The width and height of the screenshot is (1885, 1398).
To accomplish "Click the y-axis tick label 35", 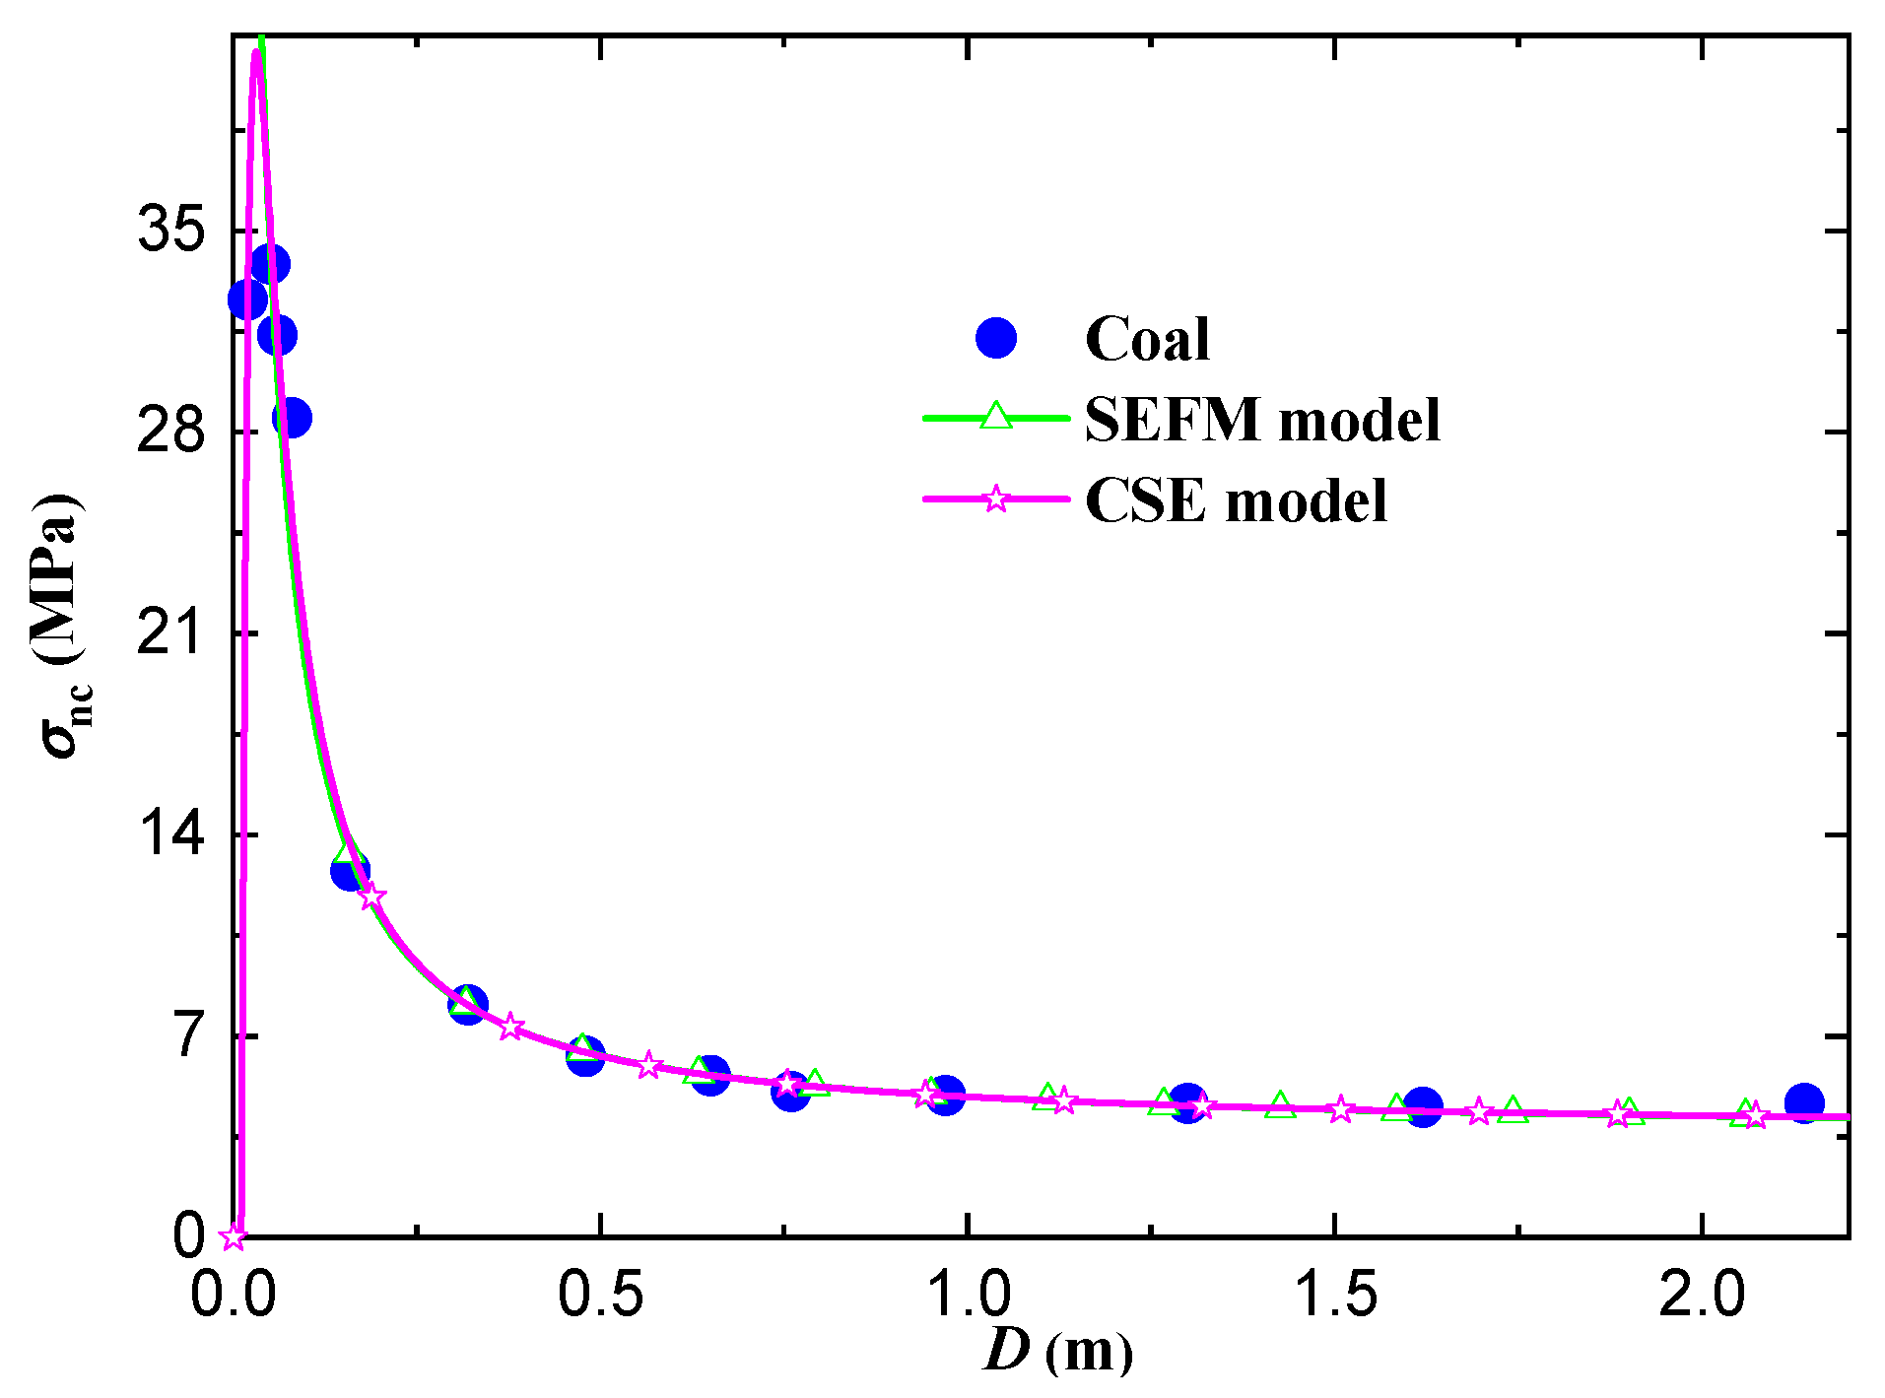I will (x=170, y=231).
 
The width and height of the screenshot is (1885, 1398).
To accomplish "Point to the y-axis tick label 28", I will (x=170, y=432).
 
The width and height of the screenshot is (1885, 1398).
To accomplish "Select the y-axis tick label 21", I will (x=170, y=632).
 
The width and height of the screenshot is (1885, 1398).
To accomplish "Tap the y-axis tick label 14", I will (x=170, y=834).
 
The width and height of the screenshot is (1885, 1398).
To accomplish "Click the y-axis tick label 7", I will (x=188, y=1035).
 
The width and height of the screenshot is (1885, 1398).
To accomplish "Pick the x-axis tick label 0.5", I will (x=600, y=1294).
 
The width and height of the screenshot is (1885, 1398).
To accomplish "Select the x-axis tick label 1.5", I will (x=1335, y=1294).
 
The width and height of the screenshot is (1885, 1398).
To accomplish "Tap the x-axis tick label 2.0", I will (x=1702, y=1294).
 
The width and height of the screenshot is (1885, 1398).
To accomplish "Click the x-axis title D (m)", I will (x=1058, y=1351).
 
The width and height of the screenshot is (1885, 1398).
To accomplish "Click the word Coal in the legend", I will (x=1147, y=339).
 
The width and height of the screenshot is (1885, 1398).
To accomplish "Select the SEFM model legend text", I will (x=1262, y=420).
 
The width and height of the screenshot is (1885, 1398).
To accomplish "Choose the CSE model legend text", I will (x=1236, y=500).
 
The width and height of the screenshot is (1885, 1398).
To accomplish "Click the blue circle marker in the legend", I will (x=995, y=339).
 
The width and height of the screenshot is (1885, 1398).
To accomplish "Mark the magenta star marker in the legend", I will (x=996, y=499).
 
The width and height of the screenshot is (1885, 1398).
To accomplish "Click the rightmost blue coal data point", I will (x=1804, y=1102).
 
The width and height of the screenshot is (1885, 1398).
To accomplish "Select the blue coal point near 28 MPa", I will (x=292, y=418).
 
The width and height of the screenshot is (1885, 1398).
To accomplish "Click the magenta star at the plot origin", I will (x=233, y=1236).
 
